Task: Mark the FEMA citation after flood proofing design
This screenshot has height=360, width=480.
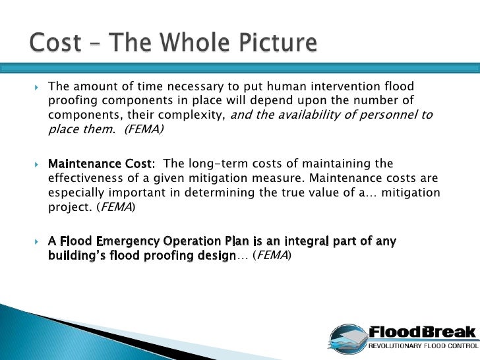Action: [x=272, y=255]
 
